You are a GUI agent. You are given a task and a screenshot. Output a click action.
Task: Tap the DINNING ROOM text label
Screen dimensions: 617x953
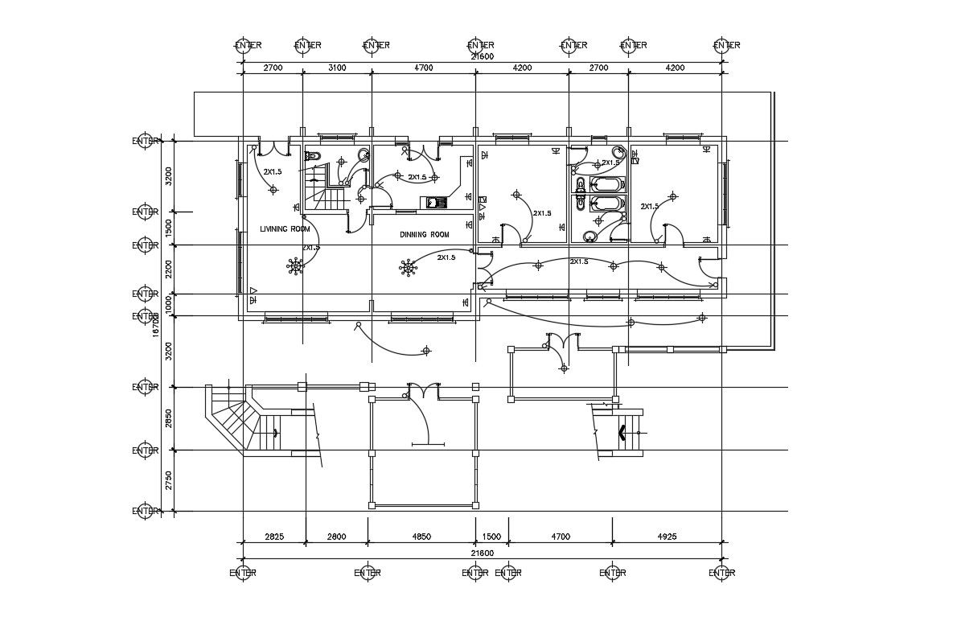[x=424, y=235]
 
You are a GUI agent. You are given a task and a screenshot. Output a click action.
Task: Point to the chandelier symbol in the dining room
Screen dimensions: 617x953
[x=409, y=266]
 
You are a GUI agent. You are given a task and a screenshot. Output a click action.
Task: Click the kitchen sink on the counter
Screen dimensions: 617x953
[x=436, y=203]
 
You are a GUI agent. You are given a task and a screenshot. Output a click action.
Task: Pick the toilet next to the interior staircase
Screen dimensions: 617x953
[x=314, y=157]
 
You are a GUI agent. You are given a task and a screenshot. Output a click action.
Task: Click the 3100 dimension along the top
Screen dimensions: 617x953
[x=336, y=68]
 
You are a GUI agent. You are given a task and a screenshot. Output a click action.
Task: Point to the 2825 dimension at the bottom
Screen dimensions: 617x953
[x=273, y=536]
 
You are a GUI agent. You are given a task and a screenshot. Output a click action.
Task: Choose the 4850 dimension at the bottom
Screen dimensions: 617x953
[x=421, y=536]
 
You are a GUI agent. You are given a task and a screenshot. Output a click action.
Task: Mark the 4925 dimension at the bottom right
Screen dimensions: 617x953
[x=667, y=536]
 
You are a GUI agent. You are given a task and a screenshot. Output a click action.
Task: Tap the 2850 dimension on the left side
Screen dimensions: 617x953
[x=168, y=418]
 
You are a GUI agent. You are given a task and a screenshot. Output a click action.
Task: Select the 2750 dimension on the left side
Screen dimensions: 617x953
[x=168, y=481]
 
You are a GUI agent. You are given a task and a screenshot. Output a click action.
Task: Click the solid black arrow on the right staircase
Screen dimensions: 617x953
[x=622, y=434]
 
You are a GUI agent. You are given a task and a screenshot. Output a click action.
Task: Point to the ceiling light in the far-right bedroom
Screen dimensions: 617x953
[x=673, y=195]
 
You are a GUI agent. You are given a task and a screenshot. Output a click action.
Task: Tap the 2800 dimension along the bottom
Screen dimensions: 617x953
[x=336, y=536]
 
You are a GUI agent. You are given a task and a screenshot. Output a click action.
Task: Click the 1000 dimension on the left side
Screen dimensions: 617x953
[x=168, y=305]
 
